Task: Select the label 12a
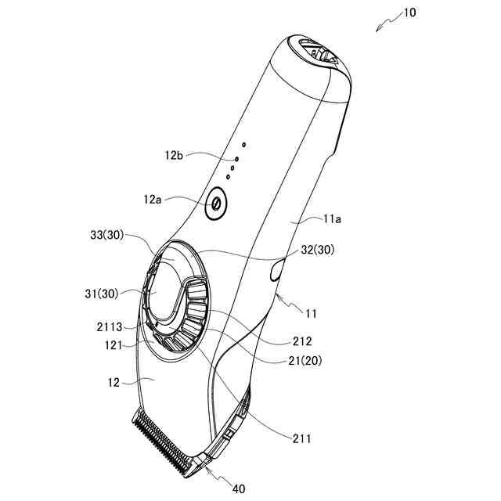153,200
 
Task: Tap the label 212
303,341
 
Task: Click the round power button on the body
215,205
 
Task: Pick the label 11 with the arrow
311,314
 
